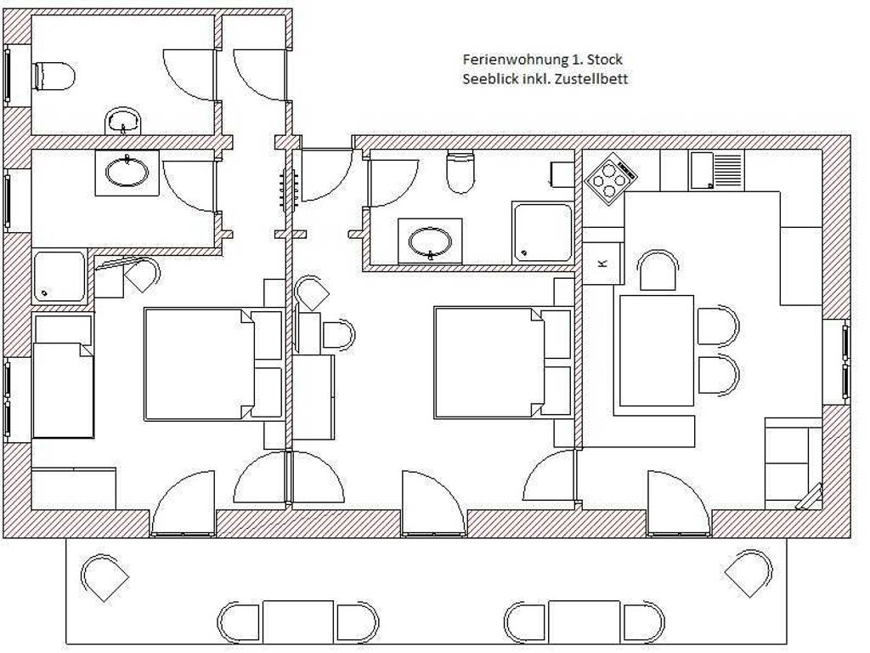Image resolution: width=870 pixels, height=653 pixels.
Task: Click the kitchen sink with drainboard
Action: pyautogui.click(x=716, y=170)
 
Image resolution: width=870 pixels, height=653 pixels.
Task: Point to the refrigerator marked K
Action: pyautogui.click(x=602, y=263)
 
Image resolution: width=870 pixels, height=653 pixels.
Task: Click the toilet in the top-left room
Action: pyautogui.click(x=55, y=76)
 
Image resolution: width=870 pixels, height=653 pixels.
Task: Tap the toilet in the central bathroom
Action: pyautogui.click(x=461, y=172)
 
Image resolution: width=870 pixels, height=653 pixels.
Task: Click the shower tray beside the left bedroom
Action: pyautogui.click(x=59, y=277)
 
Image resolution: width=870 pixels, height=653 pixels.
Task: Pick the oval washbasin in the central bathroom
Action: pyautogui.click(x=430, y=241)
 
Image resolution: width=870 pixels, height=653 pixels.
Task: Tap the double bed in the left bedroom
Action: pyautogui.click(x=213, y=364)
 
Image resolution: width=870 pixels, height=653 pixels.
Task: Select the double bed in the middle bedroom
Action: pyautogui.click(x=503, y=362)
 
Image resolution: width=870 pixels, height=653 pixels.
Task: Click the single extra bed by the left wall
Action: pyautogui.click(x=63, y=377)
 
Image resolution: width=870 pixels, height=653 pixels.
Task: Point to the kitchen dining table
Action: pyautogui.click(x=657, y=350)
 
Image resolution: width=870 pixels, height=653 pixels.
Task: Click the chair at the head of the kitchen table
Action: pyautogui.click(x=658, y=270)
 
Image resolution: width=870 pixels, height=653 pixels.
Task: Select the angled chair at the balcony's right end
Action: pyautogui.click(x=748, y=573)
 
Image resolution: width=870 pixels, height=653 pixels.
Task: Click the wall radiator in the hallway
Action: pyautogui.click(x=289, y=189)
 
